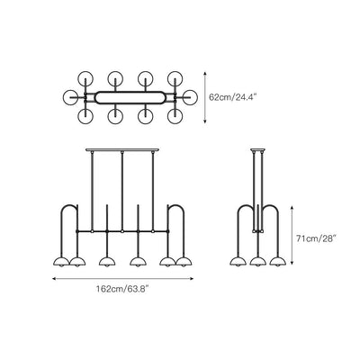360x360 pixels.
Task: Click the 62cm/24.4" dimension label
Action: (233, 97)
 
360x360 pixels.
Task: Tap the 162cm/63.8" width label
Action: (122, 289)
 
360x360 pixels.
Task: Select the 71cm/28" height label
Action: (315, 238)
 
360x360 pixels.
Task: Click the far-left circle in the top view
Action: (71, 97)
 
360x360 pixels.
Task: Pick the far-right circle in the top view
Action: (191, 97)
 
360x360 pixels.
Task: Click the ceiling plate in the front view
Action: (122, 149)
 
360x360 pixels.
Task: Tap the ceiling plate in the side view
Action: (258, 149)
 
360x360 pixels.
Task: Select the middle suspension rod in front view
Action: (122, 191)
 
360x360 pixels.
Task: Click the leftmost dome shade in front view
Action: (61, 262)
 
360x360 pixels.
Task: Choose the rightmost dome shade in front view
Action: (184, 262)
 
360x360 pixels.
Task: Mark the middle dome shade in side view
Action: (258, 262)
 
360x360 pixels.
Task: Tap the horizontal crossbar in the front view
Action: (122, 231)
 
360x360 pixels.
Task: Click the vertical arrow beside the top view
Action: (205, 97)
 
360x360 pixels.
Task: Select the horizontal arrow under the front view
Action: (122, 279)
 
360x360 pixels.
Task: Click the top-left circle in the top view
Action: (85, 78)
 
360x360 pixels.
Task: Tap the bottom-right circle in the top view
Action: (175, 116)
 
